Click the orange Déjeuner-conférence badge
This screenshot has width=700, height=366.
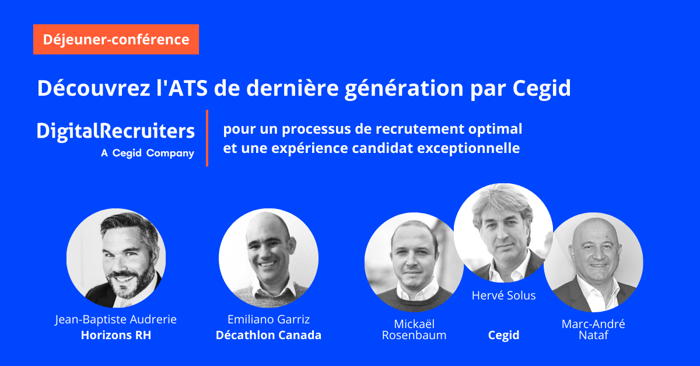[x=116, y=39]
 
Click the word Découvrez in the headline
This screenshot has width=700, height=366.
[x=94, y=88]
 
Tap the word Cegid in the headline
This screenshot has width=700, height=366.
[x=541, y=89]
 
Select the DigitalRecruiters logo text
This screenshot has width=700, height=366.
[x=116, y=131]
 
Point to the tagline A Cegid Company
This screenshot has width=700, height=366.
[x=148, y=154]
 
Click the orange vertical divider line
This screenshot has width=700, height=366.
[x=207, y=138]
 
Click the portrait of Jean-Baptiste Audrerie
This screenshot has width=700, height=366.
[x=116, y=258]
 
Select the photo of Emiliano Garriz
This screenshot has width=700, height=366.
[x=268, y=258]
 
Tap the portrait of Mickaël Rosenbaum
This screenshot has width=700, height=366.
[x=414, y=262]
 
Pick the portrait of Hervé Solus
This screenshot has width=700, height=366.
[x=503, y=233]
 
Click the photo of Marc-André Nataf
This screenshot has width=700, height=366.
[x=593, y=262]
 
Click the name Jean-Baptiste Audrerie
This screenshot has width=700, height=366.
[x=116, y=320]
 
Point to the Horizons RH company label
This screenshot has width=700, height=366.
[x=116, y=335]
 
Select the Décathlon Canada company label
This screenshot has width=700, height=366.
[x=268, y=335]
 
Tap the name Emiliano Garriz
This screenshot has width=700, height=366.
[x=268, y=319]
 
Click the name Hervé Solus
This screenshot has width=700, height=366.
[x=503, y=295]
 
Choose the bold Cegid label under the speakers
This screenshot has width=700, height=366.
[x=503, y=336]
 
